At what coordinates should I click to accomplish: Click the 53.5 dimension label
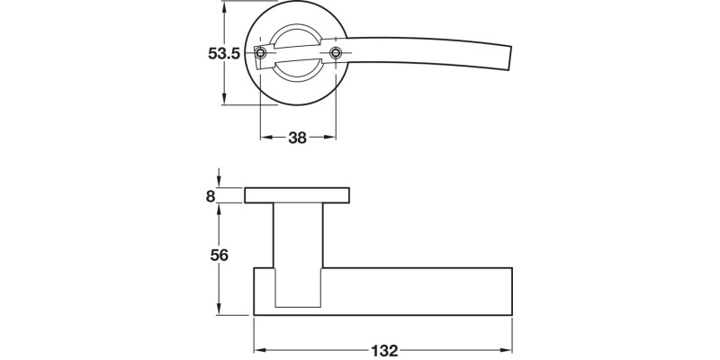(x=222, y=54)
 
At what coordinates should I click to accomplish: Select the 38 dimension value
(x=298, y=138)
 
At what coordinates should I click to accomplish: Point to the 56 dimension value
(x=218, y=255)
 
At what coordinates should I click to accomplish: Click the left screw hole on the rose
(x=261, y=55)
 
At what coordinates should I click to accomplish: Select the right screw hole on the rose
(x=337, y=54)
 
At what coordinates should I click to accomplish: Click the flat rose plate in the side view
(x=297, y=195)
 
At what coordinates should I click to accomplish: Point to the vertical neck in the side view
(x=298, y=234)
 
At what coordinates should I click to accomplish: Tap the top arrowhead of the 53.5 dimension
(x=223, y=7)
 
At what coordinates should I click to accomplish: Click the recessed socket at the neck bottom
(x=298, y=288)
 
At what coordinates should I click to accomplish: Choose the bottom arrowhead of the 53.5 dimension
(x=223, y=100)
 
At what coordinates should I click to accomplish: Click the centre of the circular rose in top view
(x=298, y=54)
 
